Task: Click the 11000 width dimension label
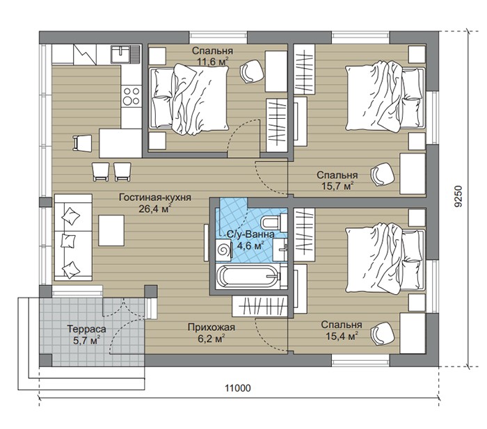(238, 388)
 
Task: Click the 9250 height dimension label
(458, 196)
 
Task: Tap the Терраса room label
(87, 329)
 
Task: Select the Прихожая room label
(211, 327)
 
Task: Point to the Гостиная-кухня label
(155, 197)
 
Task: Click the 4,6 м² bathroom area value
(250, 246)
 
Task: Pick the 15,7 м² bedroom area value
(337, 186)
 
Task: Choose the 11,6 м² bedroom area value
(212, 61)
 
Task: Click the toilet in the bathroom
(273, 222)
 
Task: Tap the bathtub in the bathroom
(248, 275)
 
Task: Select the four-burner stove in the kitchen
(131, 96)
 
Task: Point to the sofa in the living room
(73, 238)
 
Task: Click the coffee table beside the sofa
(111, 231)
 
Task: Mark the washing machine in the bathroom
(224, 250)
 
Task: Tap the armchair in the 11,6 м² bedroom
(252, 71)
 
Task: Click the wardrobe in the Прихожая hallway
(260, 307)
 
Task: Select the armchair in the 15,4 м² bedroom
(383, 334)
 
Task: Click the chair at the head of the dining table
(82, 143)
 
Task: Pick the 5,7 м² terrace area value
(86, 340)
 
